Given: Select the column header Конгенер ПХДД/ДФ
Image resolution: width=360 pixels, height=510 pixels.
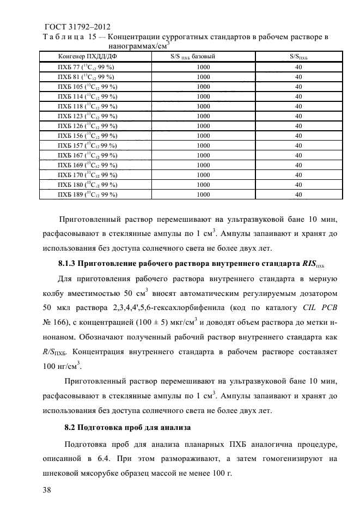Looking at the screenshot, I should point(84,57).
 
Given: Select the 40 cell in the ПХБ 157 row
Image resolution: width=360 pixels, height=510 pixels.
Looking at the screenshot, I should point(298,145).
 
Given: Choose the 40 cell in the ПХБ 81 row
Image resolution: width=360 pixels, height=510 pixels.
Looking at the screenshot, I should point(298,76).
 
